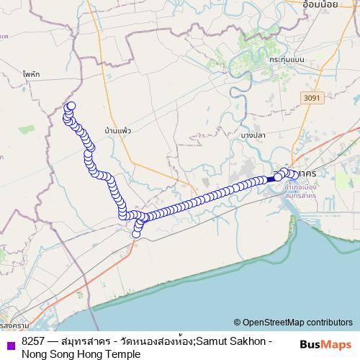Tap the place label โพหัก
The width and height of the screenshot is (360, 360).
(x=30, y=73)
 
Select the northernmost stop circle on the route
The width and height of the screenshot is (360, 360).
(x=71, y=107)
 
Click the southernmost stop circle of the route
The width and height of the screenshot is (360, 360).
(x=136, y=233)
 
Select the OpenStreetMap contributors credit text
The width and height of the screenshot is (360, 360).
(x=297, y=322)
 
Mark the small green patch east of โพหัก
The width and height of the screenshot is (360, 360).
(x=27, y=130)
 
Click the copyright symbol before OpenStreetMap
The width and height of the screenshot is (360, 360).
(x=237, y=322)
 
